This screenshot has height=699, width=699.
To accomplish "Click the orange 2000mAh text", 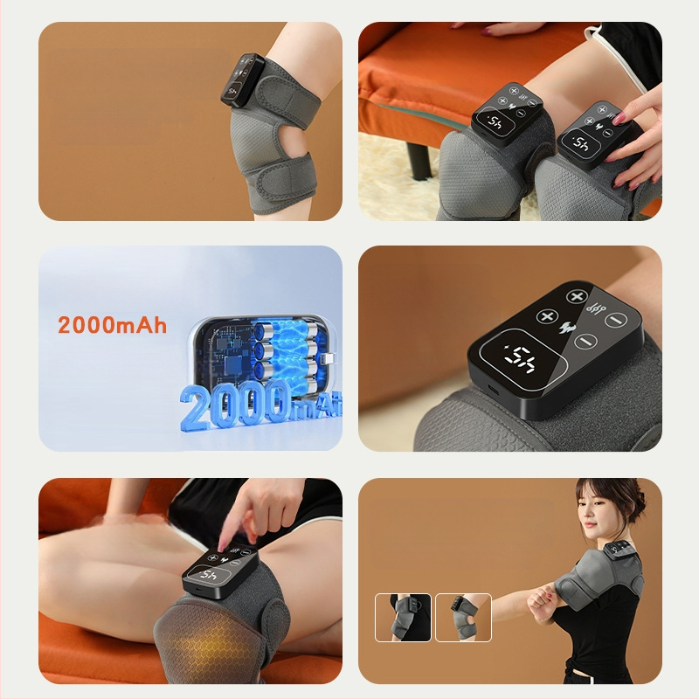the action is [x=113, y=324].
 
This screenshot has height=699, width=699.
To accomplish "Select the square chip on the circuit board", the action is [x=232, y=364].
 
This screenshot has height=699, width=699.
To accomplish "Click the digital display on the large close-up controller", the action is [x=522, y=357].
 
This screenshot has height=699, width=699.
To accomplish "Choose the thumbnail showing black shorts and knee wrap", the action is [x=403, y=618].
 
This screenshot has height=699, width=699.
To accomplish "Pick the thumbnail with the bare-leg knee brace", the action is [x=463, y=618].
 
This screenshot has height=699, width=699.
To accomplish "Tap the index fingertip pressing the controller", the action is [x=222, y=547].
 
